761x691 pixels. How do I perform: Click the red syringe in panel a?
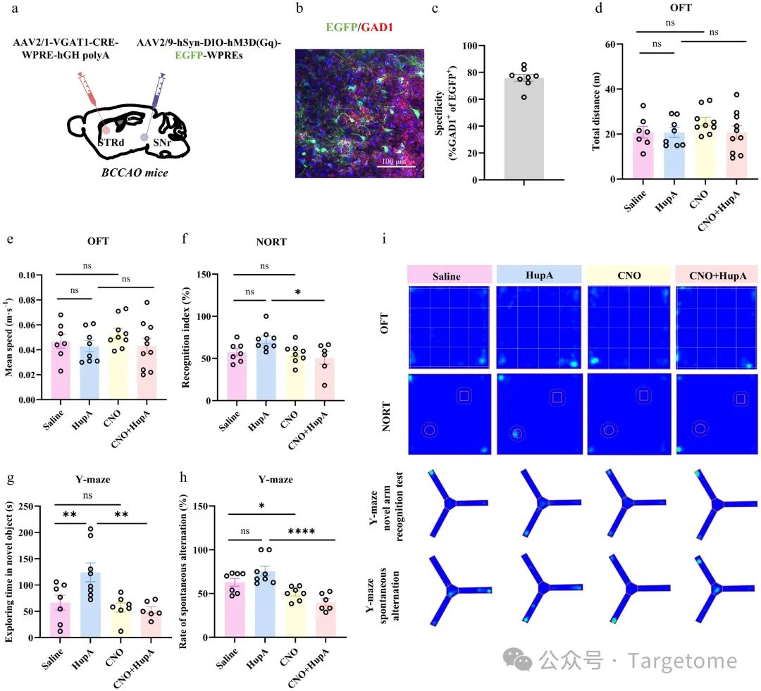click(x=88, y=89)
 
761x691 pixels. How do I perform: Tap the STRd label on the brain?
click(x=111, y=142)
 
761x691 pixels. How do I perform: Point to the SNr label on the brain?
click(x=161, y=143)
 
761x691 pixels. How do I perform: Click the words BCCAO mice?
click(x=135, y=173)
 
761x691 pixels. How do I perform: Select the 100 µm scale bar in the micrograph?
click(x=396, y=167)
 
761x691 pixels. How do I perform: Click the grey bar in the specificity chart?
click(x=524, y=129)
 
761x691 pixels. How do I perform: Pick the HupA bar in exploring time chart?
click(x=90, y=605)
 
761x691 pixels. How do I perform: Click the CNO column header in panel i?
click(x=629, y=275)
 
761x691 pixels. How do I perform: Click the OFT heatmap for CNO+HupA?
click(x=717, y=328)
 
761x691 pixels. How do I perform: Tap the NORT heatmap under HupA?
click(x=539, y=414)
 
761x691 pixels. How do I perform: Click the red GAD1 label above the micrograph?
click(x=376, y=27)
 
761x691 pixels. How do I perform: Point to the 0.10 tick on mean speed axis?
click(x=29, y=275)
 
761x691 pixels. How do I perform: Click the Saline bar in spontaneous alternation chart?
click(x=235, y=610)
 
